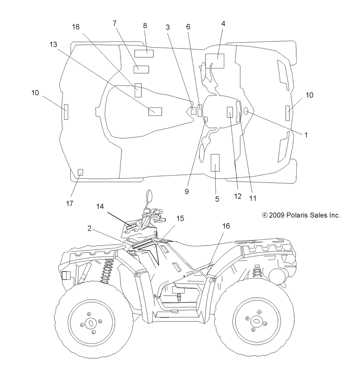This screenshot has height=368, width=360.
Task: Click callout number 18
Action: (x=76, y=27)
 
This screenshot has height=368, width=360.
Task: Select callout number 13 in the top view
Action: (x=53, y=44)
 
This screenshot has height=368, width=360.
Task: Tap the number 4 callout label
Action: (x=223, y=24)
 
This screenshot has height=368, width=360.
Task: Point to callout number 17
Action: (x=69, y=204)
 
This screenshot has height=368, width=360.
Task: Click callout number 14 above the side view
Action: (x=100, y=207)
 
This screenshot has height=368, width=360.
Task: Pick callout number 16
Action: (x=226, y=226)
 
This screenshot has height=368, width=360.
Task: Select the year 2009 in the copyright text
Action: (x=276, y=215)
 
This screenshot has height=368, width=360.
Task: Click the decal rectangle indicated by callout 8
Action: (x=144, y=53)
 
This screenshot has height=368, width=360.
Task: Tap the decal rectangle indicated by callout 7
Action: (x=141, y=70)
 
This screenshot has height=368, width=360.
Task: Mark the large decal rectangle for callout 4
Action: (x=215, y=61)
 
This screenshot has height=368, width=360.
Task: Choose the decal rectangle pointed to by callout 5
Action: (x=215, y=163)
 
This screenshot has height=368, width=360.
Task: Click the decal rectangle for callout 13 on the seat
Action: (x=155, y=111)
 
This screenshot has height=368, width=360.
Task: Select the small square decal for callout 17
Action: (x=80, y=172)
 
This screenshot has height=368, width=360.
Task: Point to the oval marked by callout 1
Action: (x=246, y=111)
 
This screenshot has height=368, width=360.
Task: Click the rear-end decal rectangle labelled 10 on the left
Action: (x=66, y=112)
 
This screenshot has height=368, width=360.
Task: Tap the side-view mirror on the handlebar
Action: (x=149, y=196)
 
